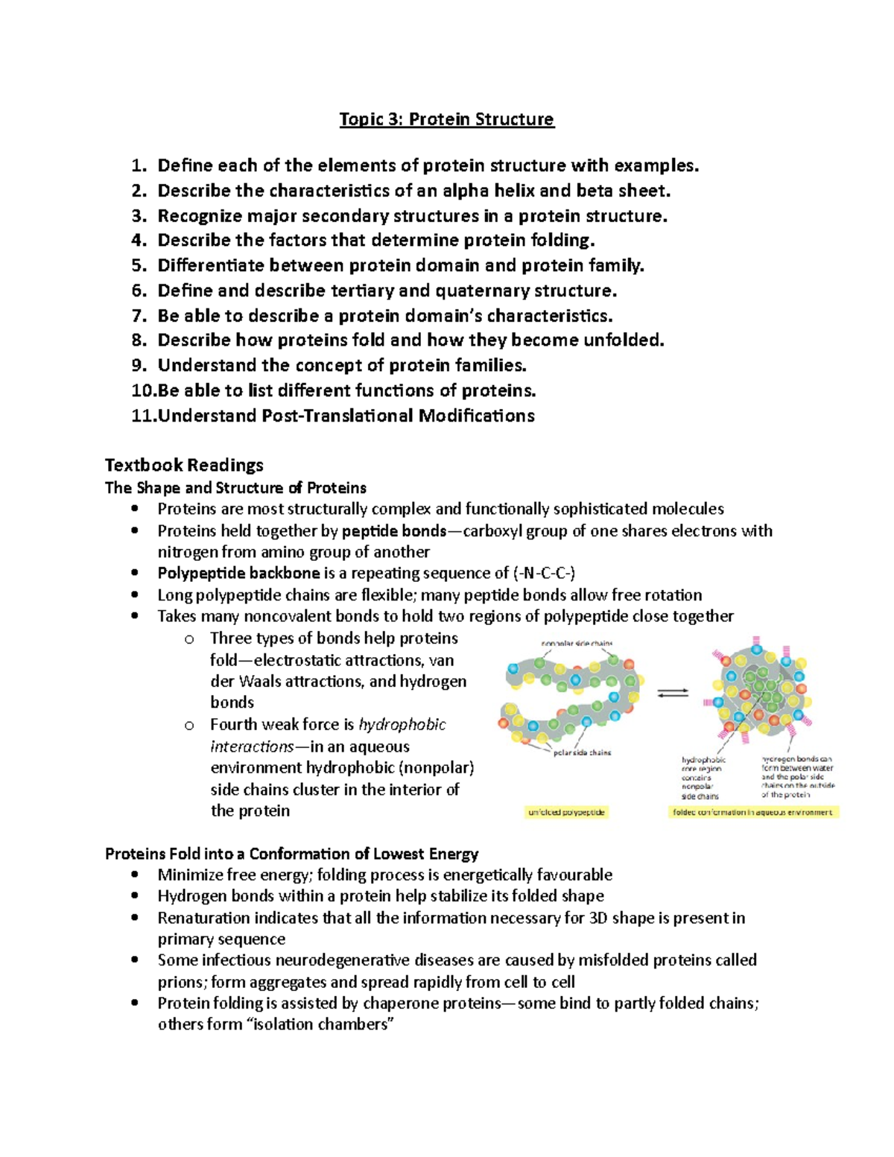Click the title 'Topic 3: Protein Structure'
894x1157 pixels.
tap(446, 119)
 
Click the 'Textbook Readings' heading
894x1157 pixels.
tap(184, 465)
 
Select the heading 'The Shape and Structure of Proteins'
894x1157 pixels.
tap(235, 488)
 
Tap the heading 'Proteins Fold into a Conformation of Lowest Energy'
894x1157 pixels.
tap(291, 853)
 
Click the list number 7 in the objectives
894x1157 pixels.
tap(139, 315)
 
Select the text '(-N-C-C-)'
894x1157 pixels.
tap(544, 573)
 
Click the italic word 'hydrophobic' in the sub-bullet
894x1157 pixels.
tap(402, 724)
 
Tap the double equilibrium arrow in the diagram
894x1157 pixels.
tap(673, 693)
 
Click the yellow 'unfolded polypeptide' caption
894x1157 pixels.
tap(566, 812)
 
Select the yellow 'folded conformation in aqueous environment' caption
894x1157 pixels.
tap(752, 812)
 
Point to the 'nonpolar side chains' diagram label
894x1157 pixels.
tap(577, 643)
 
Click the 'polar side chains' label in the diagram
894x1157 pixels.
tap(582, 752)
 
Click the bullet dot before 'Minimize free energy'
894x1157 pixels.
tap(134, 875)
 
